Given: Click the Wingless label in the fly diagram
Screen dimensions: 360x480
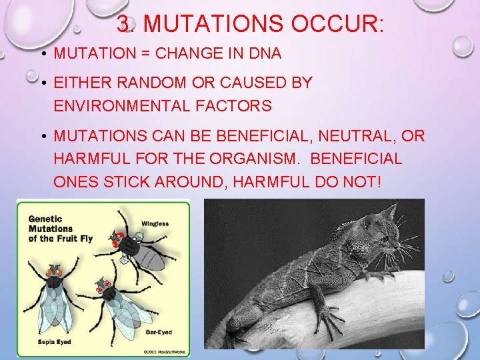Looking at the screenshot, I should point(155,224).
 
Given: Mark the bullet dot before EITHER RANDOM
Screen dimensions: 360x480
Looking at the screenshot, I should point(42,83).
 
